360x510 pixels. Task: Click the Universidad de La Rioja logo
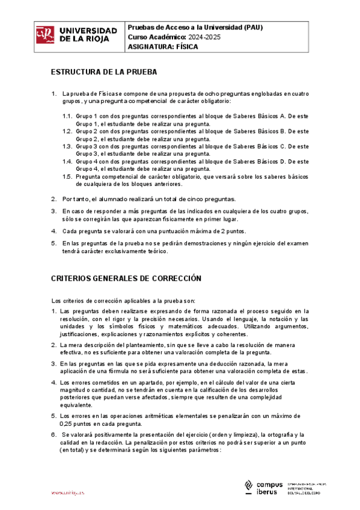point(77,34)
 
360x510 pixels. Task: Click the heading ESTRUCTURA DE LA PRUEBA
point(104,72)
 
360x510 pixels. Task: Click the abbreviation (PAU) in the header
point(253,27)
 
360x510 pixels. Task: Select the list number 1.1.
point(67,114)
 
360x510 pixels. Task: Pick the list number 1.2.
point(67,131)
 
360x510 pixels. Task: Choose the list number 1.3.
point(67,146)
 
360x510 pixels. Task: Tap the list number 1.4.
point(67,162)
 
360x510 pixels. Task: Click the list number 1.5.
point(67,177)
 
